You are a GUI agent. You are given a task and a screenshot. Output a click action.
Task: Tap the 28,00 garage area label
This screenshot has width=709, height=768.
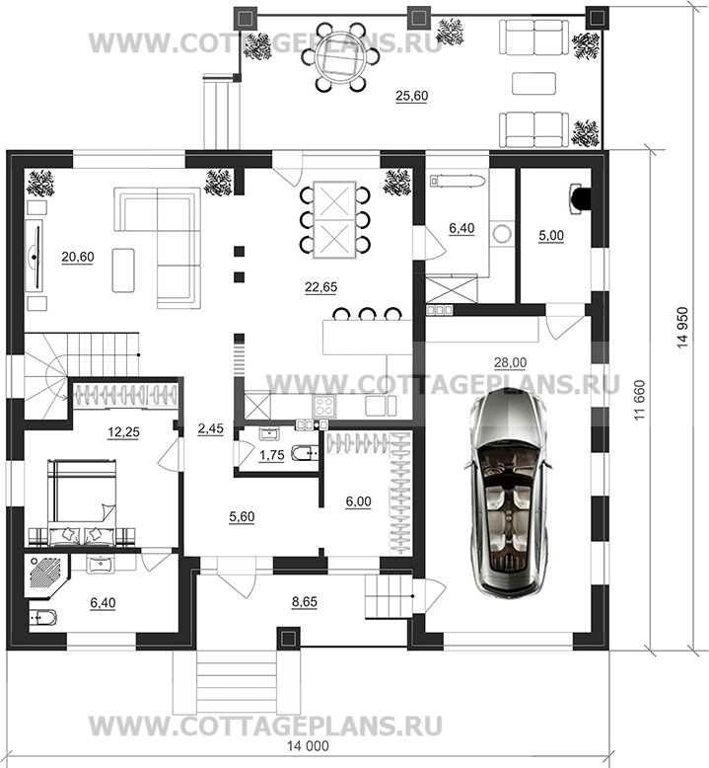click(x=510, y=363)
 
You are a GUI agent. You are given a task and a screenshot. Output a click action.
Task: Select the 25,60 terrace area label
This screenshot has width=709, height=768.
click(x=411, y=96)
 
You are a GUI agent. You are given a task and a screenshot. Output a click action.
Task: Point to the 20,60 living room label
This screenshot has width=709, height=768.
click(x=78, y=257)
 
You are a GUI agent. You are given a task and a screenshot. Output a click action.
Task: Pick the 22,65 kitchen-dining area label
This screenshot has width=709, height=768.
click(x=321, y=287)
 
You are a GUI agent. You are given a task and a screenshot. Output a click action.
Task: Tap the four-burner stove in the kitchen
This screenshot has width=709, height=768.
click(x=323, y=406)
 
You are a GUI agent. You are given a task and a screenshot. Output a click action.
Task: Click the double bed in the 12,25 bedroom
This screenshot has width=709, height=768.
click(x=82, y=502)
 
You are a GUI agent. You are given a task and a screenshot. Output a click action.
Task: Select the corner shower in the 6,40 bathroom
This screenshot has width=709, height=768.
click(x=46, y=576)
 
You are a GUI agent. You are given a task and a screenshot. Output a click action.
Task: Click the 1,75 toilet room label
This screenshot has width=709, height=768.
click(x=271, y=455)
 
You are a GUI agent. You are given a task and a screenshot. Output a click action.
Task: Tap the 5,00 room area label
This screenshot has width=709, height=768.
click(x=551, y=236)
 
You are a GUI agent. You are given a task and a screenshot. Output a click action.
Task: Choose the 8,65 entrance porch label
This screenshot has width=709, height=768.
click(x=305, y=601)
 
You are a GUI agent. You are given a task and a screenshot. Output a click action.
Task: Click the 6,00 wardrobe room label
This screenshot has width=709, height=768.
click(x=358, y=501)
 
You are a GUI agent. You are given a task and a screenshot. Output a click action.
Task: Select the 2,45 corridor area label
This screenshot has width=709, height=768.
click(x=210, y=428)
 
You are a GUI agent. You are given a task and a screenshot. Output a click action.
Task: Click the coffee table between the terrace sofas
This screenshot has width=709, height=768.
click(x=533, y=83)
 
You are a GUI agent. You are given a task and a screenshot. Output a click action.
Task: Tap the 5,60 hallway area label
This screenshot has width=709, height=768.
click(x=242, y=516)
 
